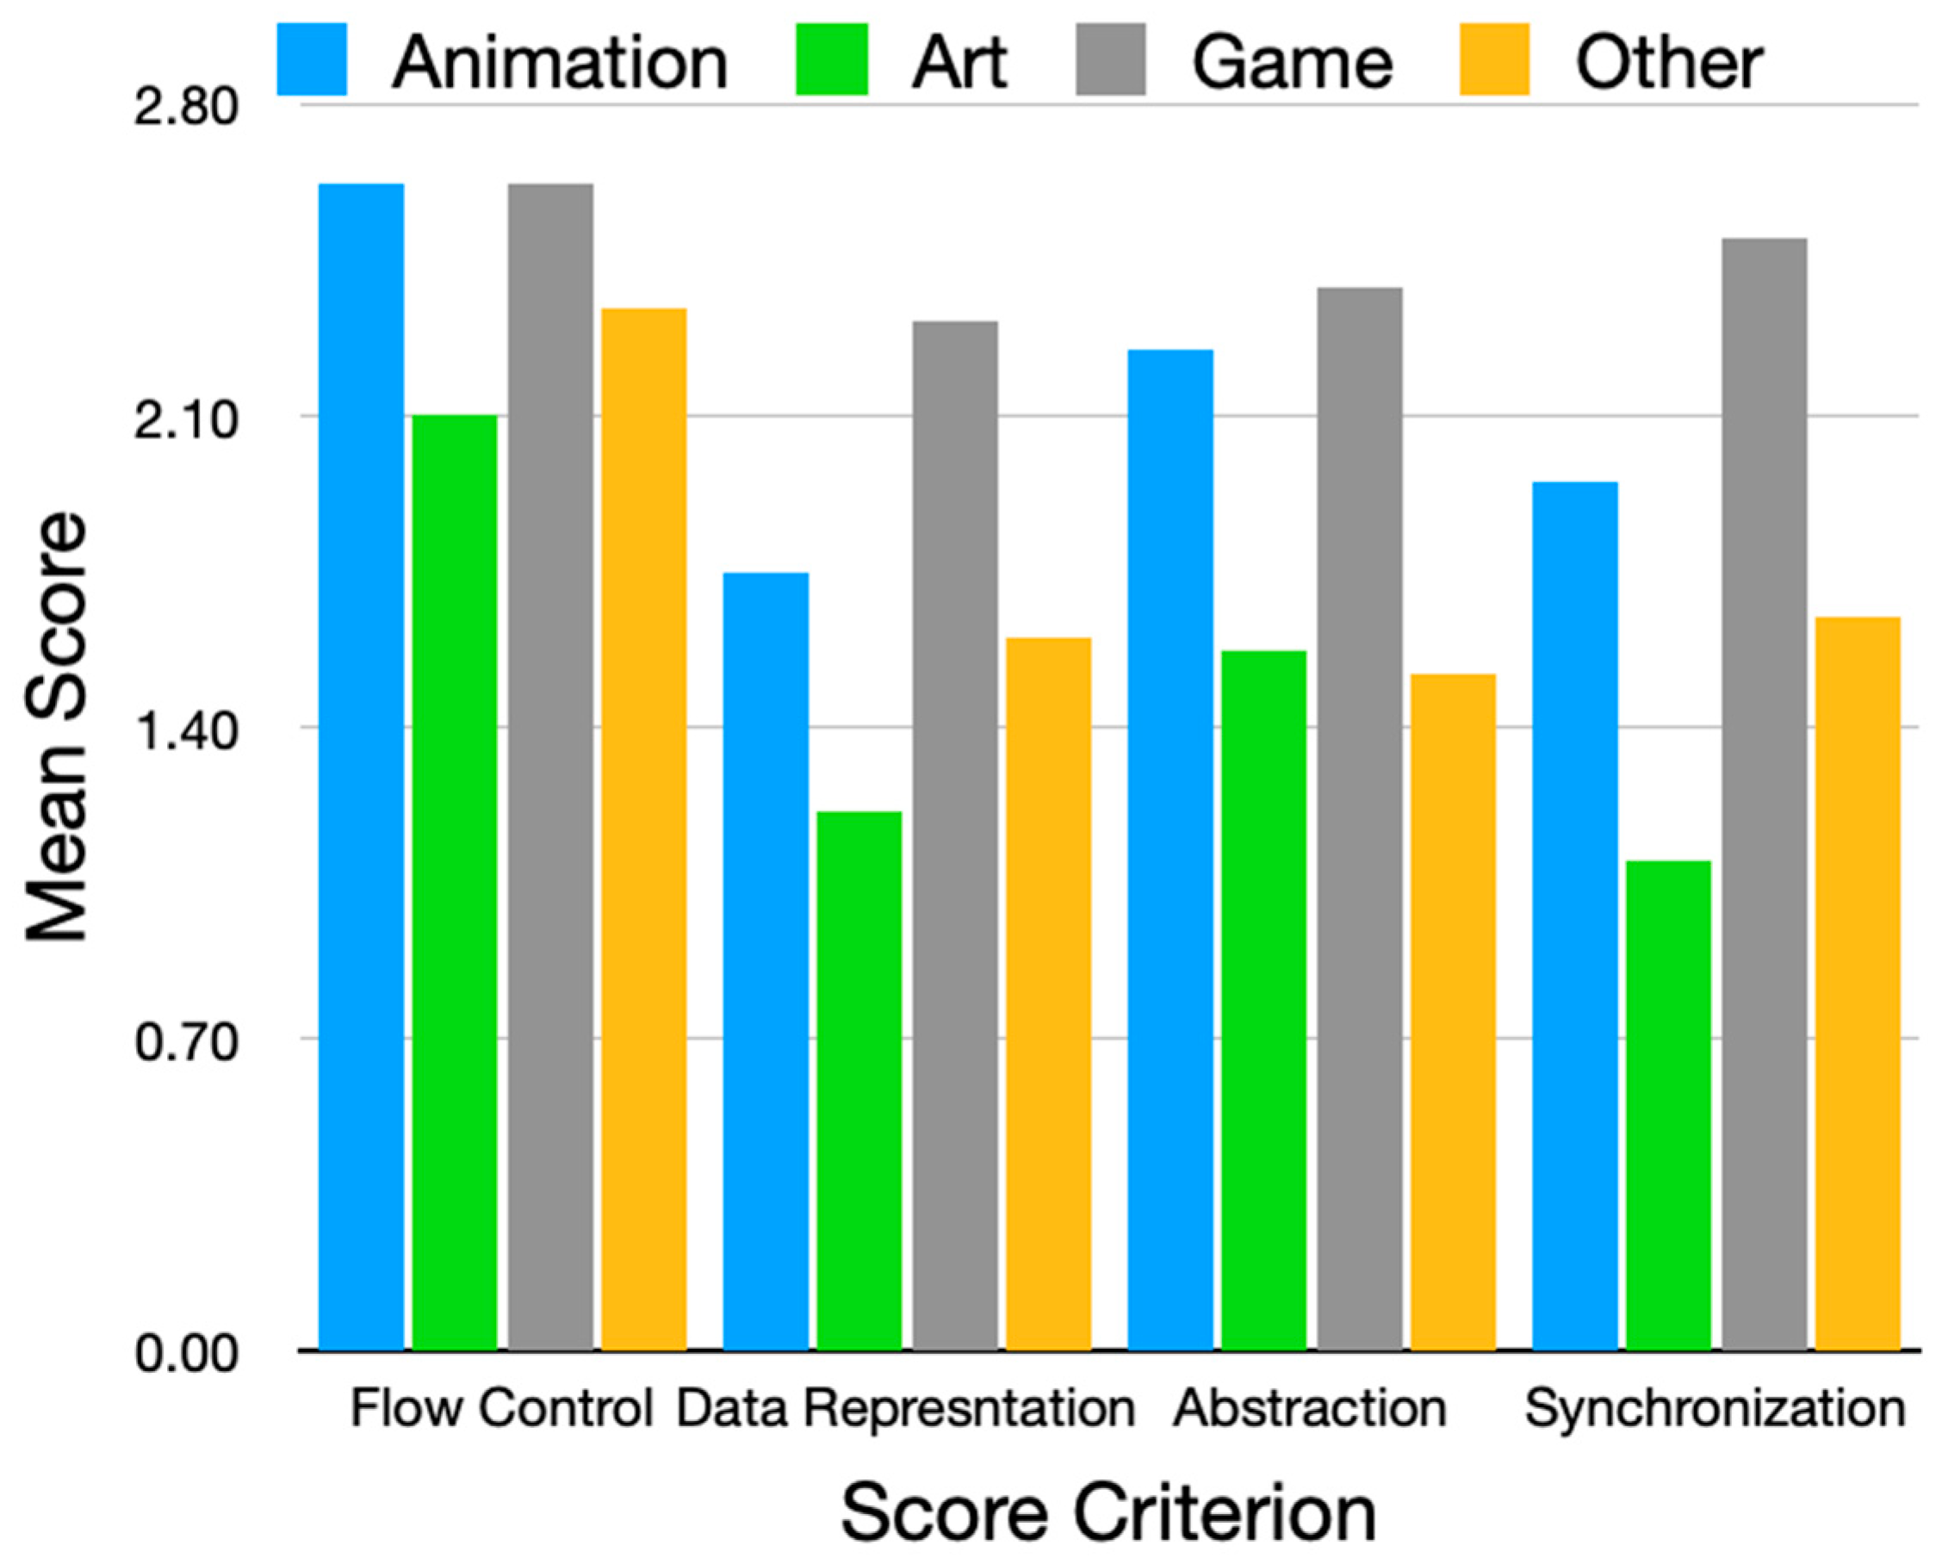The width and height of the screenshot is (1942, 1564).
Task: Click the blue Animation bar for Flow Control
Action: (x=361, y=766)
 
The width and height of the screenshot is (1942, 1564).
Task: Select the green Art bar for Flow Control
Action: (x=454, y=883)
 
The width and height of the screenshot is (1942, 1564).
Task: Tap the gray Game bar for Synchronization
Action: (x=1765, y=793)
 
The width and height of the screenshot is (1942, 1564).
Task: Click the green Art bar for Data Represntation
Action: (x=859, y=1081)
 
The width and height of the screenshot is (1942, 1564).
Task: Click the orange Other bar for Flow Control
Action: (x=644, y=829)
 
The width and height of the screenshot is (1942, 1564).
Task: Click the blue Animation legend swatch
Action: (x=312, y=59)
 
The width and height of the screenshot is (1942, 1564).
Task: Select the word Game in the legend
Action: (x=1292, y=62)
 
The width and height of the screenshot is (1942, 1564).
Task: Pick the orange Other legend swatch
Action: (x=1494, y=59)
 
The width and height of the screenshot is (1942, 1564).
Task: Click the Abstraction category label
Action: (x=1310, y=1407)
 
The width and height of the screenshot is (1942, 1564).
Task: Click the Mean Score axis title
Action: (x=56, y=727)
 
